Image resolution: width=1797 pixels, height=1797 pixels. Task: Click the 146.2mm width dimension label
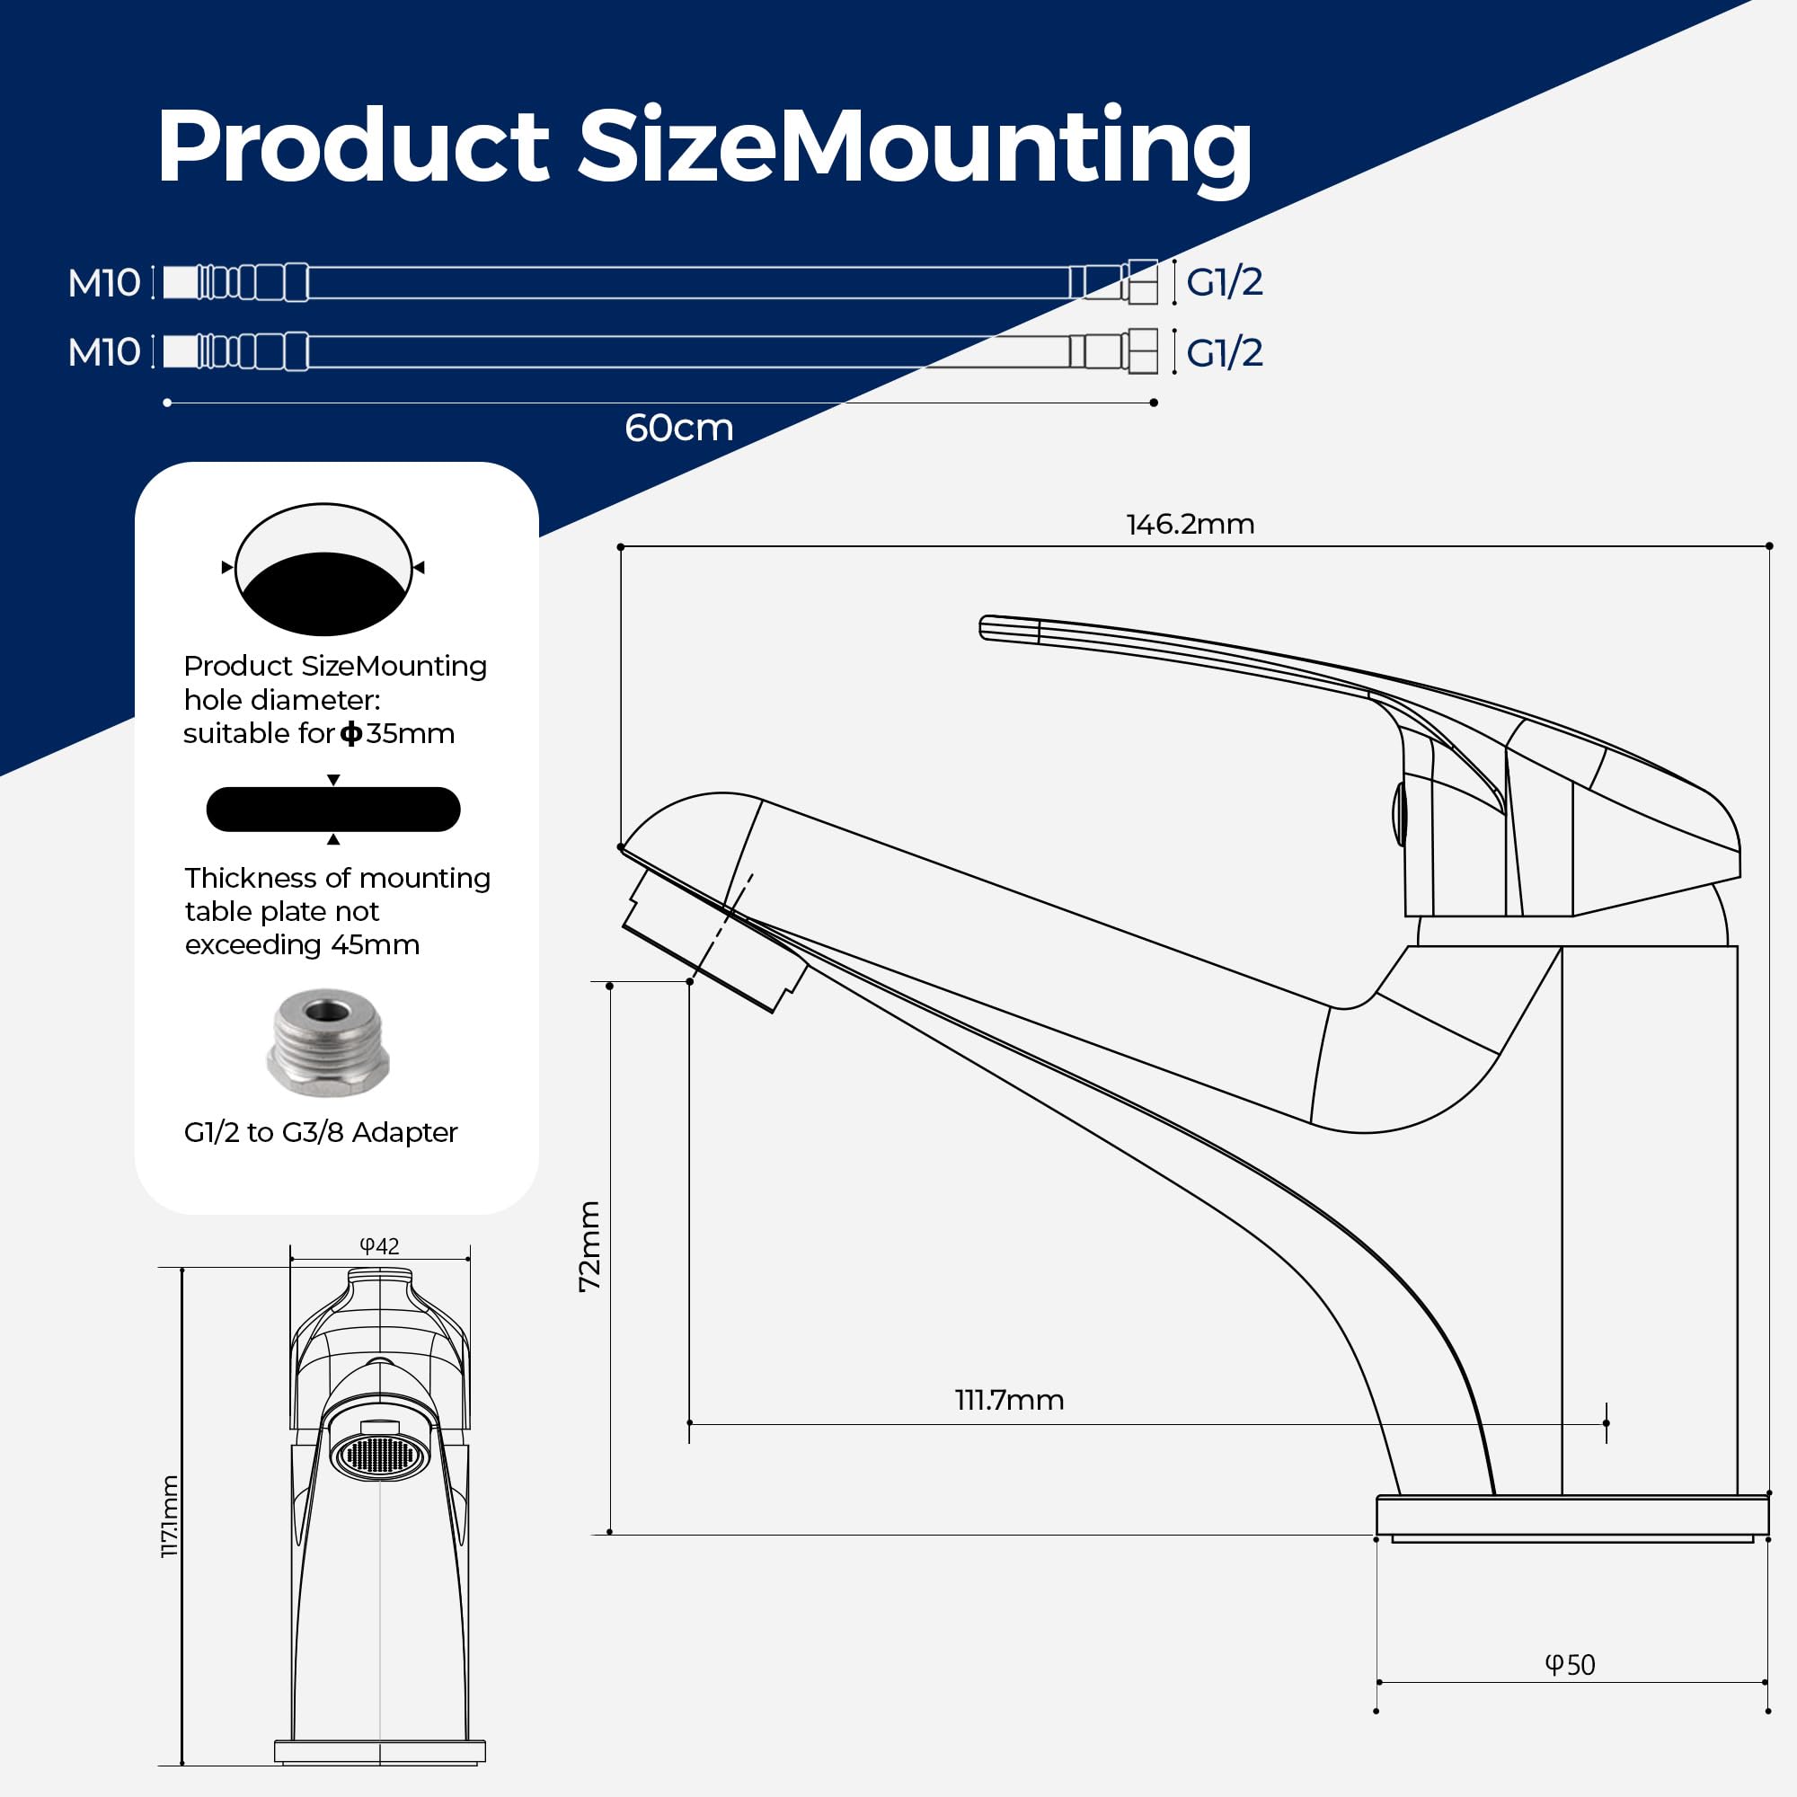(1190, 525)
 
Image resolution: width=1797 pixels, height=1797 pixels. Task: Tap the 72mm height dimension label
(589, 1245)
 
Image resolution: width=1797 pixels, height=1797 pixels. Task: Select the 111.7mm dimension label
(1009, 1400)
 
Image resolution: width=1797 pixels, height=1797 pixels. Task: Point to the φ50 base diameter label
(1570, 1665)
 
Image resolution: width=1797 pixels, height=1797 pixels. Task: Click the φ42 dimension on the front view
(379, 1246)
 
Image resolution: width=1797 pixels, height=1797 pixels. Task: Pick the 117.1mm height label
(170, 1516)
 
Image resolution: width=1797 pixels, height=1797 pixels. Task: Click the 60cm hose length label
(679, 428)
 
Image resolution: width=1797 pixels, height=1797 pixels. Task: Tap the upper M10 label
(104, 283)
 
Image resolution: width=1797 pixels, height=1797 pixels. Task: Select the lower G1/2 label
(1224, 352)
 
